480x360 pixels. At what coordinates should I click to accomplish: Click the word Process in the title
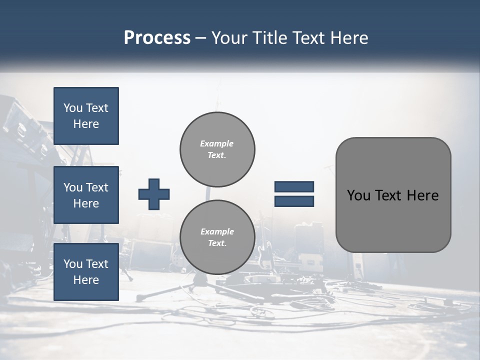coord(157,38)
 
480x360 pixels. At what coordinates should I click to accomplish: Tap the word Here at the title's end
coord(349,38)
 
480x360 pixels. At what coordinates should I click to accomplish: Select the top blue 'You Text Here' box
coord(86,116)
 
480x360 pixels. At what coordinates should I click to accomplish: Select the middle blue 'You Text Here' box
coord(86,195)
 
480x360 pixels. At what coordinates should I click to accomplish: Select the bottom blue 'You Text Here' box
coord(86,272)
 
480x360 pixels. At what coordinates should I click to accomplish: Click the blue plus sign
coord(154,194)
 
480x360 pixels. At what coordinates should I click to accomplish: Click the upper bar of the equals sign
coord(294,186)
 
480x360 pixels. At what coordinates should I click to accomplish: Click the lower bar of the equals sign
coord(294,201)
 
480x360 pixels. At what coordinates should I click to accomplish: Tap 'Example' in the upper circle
coord(217,143)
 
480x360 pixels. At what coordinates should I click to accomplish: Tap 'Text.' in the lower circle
coord(217,243)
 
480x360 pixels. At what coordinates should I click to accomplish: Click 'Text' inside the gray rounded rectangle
coord(390,195)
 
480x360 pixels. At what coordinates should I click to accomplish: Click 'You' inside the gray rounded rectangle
coord(358,195)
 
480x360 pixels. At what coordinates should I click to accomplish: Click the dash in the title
coord(201,38)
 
